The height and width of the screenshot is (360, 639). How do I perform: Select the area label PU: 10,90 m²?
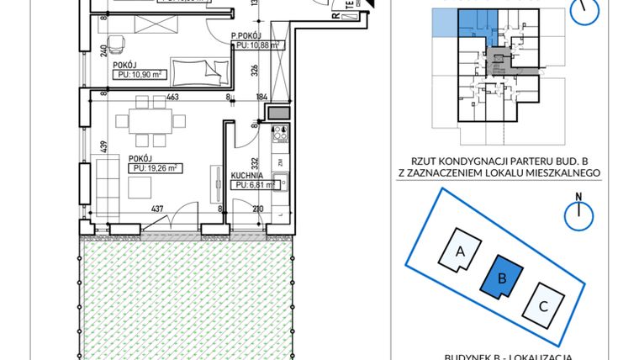click(x=140, y=75)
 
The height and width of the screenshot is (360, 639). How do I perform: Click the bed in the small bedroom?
click(x=198, y=69)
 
